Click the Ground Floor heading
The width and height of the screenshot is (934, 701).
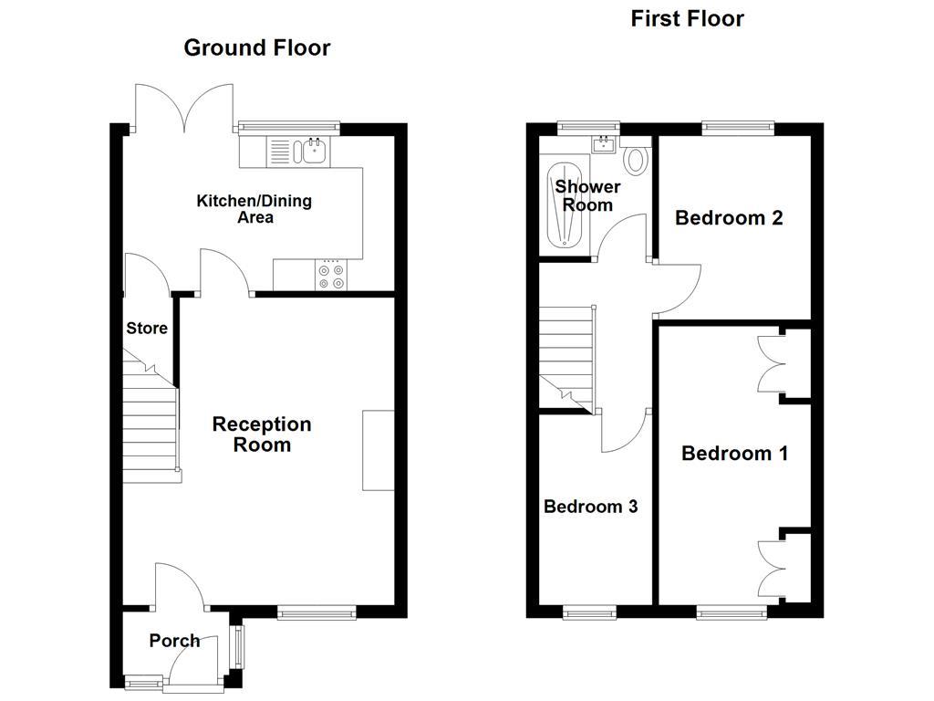coord(256,47)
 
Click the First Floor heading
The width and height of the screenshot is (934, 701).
coord(687,18)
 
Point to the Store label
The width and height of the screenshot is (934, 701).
coord(147,329)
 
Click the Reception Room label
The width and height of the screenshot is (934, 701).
coord(262,434)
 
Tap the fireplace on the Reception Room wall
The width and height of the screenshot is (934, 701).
coord(379,451)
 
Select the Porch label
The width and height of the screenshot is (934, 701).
coord(174,641)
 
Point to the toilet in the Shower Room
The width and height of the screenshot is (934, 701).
coord(636,161)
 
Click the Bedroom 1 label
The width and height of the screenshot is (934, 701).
coord(734,454)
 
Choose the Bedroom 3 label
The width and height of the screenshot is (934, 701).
coord(590,507)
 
